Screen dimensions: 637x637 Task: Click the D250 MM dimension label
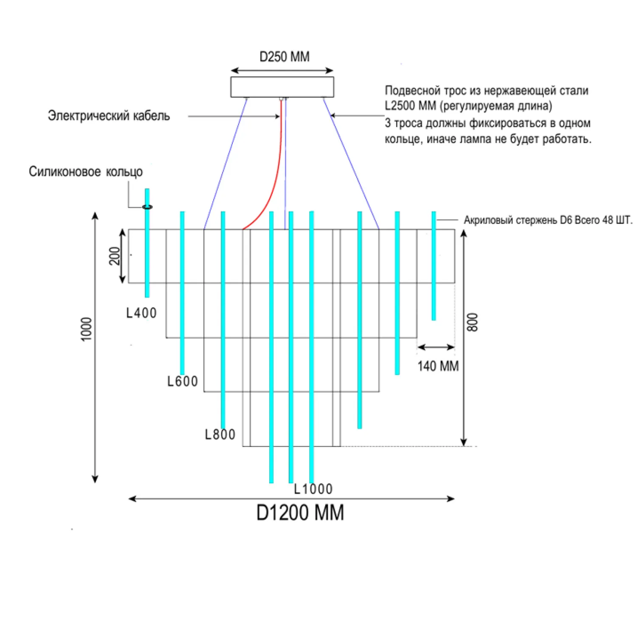point(285,56)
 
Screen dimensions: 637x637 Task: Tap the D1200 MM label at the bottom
point(300,513)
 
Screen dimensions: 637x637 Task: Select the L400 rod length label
point(141,313)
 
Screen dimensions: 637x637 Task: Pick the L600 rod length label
point(183,381)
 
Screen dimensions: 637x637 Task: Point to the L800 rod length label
point(220,434)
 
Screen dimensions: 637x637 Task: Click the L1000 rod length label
point(313,489)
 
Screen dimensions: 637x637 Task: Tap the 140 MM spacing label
point(438,366)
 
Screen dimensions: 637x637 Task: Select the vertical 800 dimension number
point(473,322)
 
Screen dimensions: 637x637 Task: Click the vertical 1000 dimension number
point(86,329)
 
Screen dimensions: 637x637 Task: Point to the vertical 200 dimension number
point(115,256)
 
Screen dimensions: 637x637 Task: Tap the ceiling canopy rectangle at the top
point(282,87)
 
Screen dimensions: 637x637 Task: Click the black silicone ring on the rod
point(147,207)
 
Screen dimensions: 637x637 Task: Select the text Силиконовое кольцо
point(86,172)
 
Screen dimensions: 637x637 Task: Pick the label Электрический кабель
point(109,116)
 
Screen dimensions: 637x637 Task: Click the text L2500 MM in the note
point(410,106)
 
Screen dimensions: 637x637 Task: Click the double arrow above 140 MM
point(436,347)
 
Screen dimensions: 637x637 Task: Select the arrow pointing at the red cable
point(234,116)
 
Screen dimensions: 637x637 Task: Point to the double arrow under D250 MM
point(282,70)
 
